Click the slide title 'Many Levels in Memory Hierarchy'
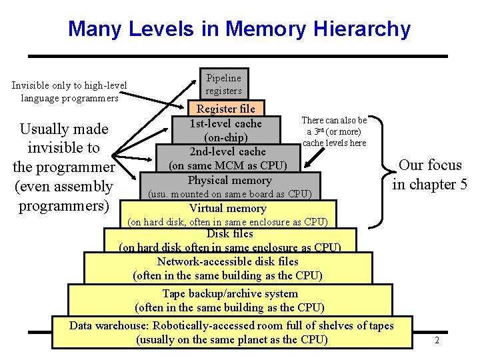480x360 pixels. (239, 29)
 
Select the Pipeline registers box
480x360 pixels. (223, 84)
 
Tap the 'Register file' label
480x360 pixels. (225, 109)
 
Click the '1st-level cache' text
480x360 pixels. (226, 123)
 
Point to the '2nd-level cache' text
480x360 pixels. (227, 151)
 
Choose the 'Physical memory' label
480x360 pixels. (229, 180)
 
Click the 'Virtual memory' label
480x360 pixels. (227, 208)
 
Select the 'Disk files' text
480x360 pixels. (229, 233)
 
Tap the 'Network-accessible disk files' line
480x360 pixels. (227, 261)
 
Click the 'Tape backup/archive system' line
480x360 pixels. (230, 293)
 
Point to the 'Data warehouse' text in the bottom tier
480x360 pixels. (110, 325)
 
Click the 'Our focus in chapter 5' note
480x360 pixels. (429, 175)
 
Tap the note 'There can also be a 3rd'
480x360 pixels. (334, 131)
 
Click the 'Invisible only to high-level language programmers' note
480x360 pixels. (69, 91)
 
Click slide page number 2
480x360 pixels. (437, 341)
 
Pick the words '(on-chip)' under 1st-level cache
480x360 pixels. (226, 137)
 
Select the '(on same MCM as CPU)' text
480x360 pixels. (227, 165)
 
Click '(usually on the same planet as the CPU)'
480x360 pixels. (231, 339)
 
